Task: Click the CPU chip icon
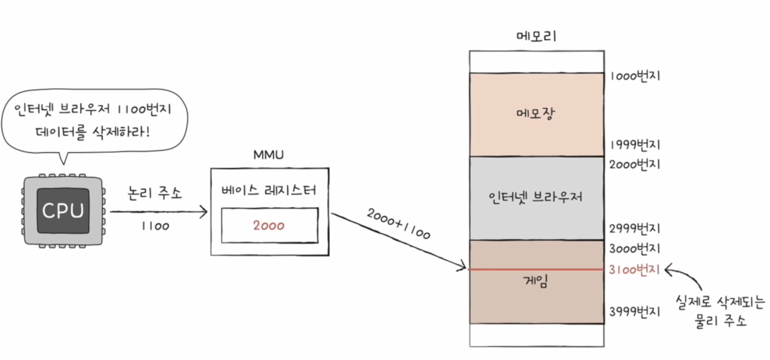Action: click(63, 211)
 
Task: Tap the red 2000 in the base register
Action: click(269, 226)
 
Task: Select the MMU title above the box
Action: click(268, 155)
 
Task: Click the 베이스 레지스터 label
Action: click(269, 191)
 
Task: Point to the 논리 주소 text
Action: click(155, 193)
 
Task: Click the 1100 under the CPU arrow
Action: click(155, 226)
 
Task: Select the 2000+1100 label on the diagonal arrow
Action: click(398, 223)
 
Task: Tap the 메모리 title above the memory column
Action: click(536, 36)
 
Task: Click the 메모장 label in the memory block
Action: click(536, 113)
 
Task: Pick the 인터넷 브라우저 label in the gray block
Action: click(535, 197)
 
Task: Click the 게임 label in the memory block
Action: click(536, 281)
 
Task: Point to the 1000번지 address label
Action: click(635, 76)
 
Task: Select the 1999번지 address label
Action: click(635, 145)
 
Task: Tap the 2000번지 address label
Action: click(635, 164)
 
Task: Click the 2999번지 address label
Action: click(635, 228)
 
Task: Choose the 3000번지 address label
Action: click(635, 249)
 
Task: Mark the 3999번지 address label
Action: click(635, 312)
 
